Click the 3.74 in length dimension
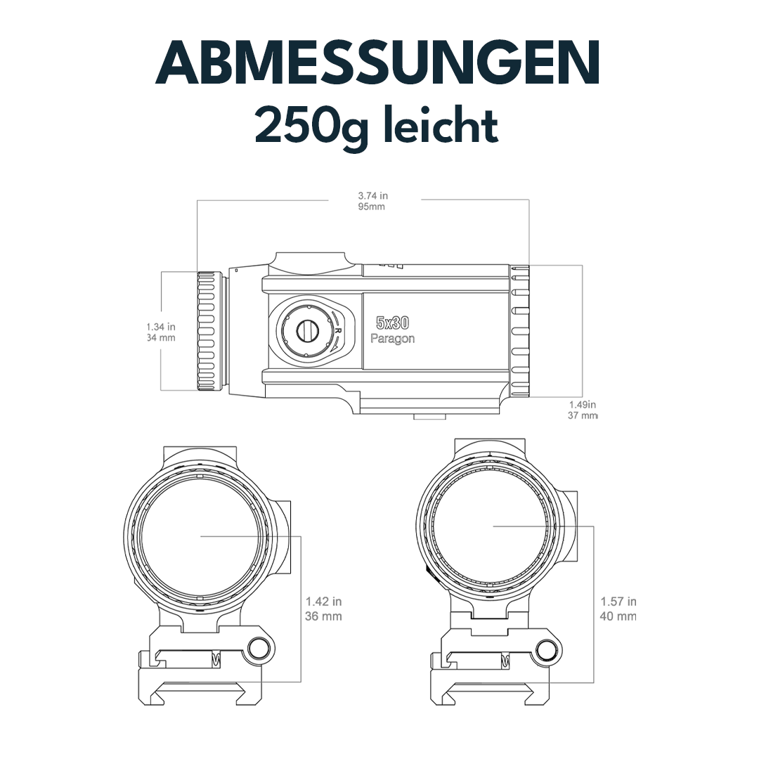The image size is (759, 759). click(372, 196)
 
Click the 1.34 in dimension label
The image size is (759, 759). click(161, 327)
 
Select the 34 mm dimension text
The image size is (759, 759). click(161, 338)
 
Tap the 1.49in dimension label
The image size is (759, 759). click(582, 404)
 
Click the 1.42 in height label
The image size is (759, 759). click(324, 602)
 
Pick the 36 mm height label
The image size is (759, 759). click(324, 616)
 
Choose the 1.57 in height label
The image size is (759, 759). click(618, 602)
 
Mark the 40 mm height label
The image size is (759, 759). click(618, 616)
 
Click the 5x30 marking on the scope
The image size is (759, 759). click(393, 323)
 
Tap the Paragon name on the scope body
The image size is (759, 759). click(393, 338)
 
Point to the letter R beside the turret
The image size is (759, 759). click(338, 330)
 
